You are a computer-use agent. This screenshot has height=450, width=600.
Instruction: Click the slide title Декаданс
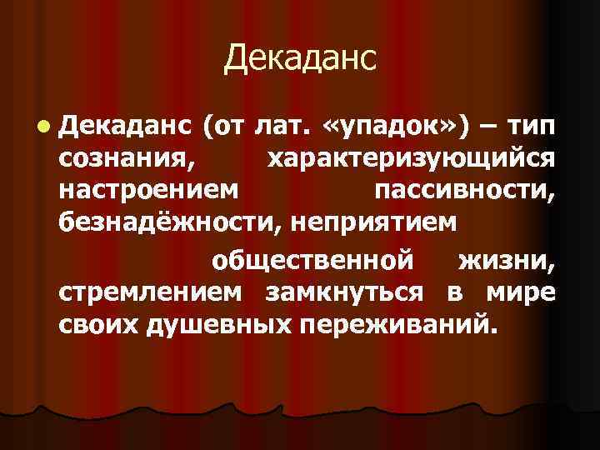300,57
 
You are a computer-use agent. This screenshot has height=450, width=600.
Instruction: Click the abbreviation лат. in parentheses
279,127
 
